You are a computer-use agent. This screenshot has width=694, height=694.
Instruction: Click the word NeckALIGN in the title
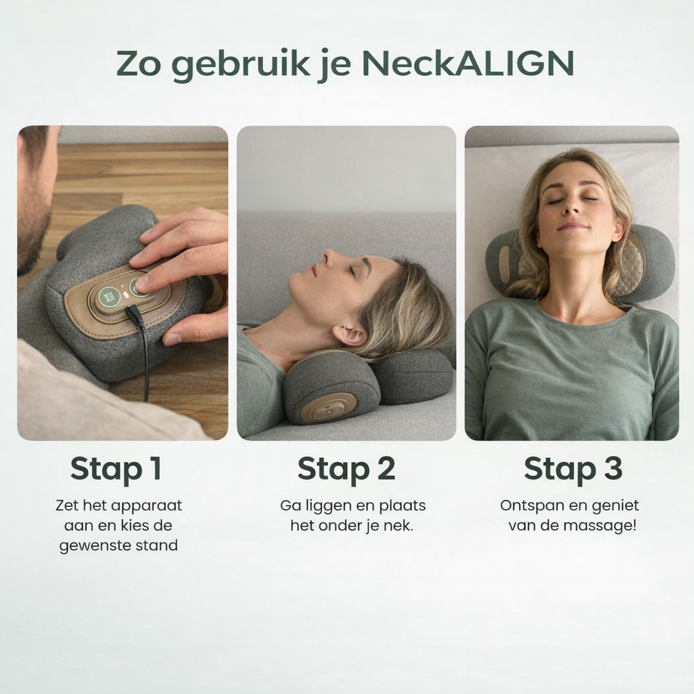point(468,63)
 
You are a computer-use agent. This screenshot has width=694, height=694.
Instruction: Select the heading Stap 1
point(116,469)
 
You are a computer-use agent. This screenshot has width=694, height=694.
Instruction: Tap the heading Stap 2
point(346,469)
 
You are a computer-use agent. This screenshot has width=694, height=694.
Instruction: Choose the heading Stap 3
point(573,469)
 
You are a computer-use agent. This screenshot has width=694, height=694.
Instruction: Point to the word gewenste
point(95,546)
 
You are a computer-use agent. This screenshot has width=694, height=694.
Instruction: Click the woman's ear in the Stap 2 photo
point(348,336)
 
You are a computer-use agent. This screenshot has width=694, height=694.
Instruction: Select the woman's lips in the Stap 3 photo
point(573,226)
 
